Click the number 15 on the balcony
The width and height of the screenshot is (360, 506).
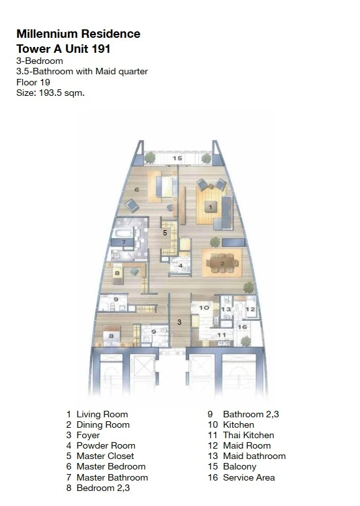click(x=177, y=158)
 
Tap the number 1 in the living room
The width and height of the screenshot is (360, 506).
click(x=210, y=207)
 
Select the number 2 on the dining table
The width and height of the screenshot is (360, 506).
click(x=222, y=263)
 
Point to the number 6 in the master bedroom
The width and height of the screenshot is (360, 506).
click(x=136, y=190)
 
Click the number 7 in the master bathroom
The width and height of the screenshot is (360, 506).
click(x=123, y=242)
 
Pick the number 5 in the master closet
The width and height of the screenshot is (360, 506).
click(x=165, y=232)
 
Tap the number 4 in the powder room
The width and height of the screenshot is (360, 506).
click(x=180, y=265)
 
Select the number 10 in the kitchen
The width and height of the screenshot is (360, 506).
click(x=203, y=307)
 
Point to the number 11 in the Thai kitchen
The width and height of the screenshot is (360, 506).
click(x=221, y=335)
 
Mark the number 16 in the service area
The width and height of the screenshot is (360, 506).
click(x=241, y=327)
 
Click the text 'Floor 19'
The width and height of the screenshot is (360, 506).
click(x=33, y=82)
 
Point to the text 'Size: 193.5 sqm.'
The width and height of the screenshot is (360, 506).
click(x=50, y=93)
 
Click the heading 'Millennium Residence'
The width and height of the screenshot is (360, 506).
click(x=78, y=34)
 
